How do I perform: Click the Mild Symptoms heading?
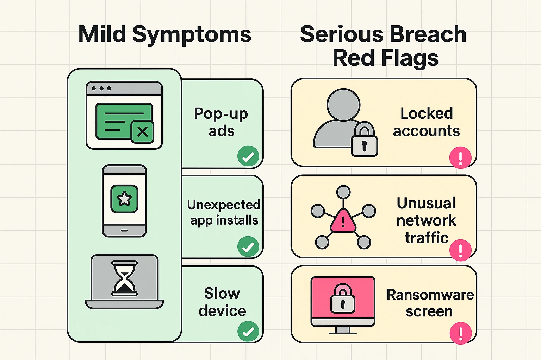tap(164, 34)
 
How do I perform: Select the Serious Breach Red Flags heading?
tap(384, 46)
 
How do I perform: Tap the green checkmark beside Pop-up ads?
tap(248, 156)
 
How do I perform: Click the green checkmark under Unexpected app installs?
tap(248, 247)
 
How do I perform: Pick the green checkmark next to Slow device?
tap(248, 331)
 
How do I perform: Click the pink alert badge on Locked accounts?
tap(460, 158)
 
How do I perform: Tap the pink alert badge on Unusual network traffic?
tap(460, 250)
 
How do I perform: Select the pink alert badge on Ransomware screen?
tap(460, 333)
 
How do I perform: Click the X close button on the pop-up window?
tap(142, 132)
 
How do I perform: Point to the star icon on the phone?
tap(124, 199)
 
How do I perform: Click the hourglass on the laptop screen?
tap(124, 278)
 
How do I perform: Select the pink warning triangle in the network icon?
tap(343, 221)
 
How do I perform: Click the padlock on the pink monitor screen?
tap(342, 299)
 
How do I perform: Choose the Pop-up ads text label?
tap(221, 122)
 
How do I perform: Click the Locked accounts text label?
tap(426, 122)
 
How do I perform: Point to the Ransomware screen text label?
tap(430, 303)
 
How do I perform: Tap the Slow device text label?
tap(222, 302)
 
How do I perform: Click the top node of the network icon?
tap(343, 192)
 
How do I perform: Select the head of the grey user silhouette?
tap(343, 105)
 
